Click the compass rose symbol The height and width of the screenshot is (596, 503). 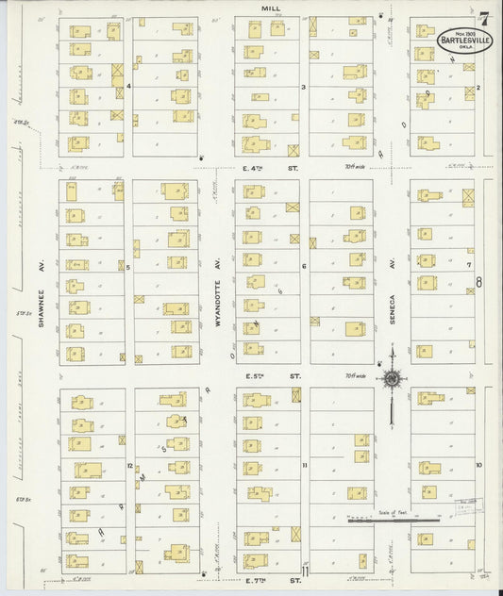pyautogui.click(x=391, y=380)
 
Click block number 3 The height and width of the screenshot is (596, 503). pyautogui.click(x=303, y=87)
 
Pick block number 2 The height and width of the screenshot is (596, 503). pyautogui.click(x=478, y=88)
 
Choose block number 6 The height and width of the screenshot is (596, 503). pyautogui.click(x=304, y=267)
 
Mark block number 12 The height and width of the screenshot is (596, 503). pyautogui.click(x=129, y=466)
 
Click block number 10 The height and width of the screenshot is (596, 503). pyautogui.click(x=478, y=465)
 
